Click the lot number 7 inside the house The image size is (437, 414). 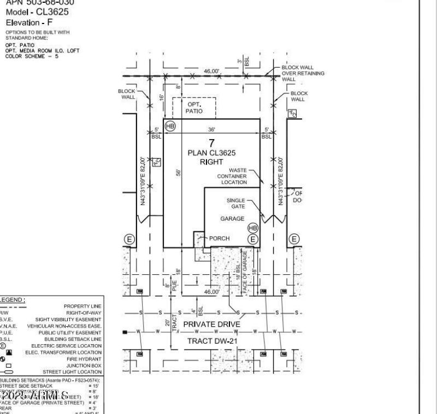pos(212,143)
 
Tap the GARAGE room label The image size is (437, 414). pos(232,219)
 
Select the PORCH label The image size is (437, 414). pos(219,238)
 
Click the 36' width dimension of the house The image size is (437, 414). pos(211,129)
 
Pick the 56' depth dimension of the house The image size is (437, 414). pos(178,172)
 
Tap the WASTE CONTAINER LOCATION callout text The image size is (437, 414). pos(232,177)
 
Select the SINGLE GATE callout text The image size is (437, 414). pos(236,203)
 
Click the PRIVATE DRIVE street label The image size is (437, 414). pos(211,324)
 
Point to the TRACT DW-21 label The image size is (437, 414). pos(211,341)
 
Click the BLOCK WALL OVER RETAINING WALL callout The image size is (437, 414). pos(303,73)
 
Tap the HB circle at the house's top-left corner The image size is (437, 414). pos(170,125)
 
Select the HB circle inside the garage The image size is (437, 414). pos(252,227)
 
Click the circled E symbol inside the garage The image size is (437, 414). pos(253,238)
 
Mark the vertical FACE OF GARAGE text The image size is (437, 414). pos(245,272)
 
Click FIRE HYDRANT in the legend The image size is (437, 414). pos(84,359)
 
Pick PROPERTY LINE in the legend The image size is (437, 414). pos(82,307)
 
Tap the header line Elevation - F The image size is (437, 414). pos(29,23)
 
